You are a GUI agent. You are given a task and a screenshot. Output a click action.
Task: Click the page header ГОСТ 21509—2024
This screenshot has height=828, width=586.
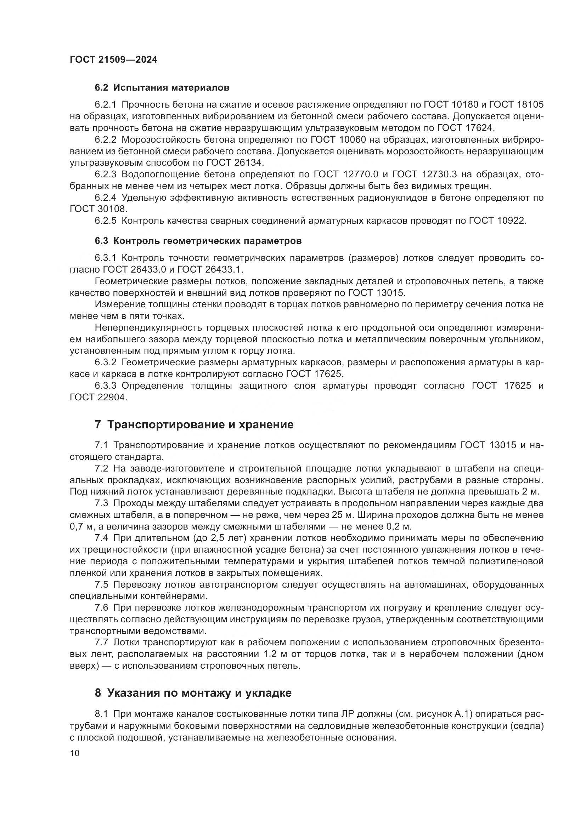point(114,59)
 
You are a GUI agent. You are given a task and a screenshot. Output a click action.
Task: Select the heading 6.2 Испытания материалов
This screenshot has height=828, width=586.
point(162,88)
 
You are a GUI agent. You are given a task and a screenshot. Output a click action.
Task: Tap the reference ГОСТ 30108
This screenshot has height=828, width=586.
point(98,209)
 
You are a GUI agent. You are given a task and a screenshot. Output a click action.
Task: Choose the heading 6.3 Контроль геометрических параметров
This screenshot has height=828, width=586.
point(198,240)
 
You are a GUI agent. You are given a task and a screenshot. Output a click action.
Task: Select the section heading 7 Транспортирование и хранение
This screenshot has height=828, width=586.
point(194,424)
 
